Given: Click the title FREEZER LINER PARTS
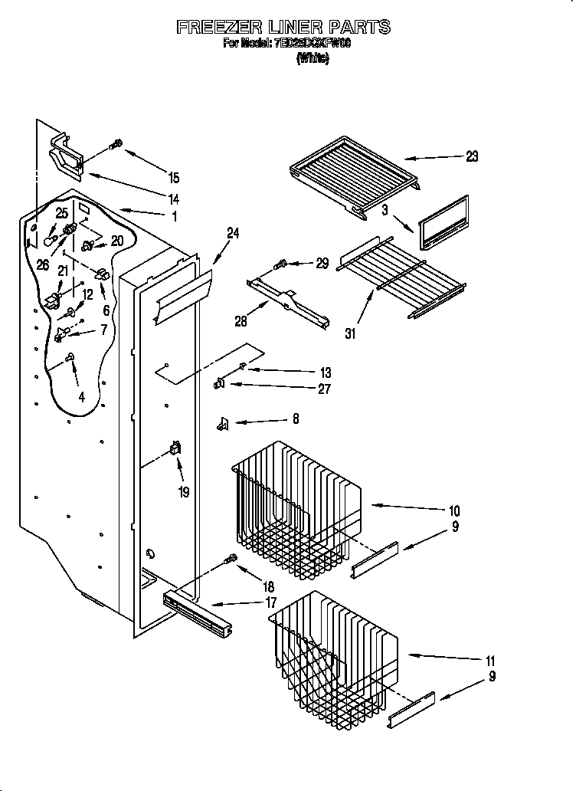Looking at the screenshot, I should tap(283, 28).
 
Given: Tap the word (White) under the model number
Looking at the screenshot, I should tap(313, 58).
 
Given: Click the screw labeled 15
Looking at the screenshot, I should tap(117, 144).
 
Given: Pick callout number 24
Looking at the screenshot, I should tap(233, 234).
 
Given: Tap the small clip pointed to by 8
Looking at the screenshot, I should tap(224, 422).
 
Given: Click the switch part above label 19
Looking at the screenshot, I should tap(175, 451).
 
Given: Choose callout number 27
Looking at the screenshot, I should tap(324, 389).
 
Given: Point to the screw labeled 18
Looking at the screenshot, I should tap(229, 562).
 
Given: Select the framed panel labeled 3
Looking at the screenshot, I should tap(442, 222).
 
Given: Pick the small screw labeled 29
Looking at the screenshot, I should tap(281, 265).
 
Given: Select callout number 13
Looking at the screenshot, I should tap(325, 372).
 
